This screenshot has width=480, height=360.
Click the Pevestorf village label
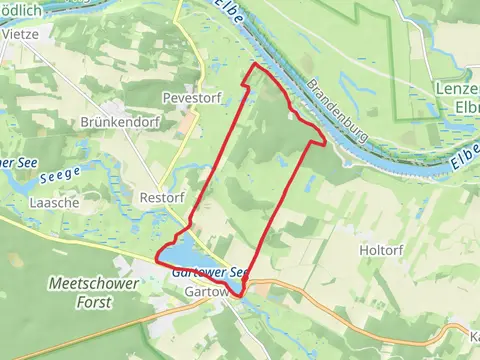191,99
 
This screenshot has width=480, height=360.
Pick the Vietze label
19,32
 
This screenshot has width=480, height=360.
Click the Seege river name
60,177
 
